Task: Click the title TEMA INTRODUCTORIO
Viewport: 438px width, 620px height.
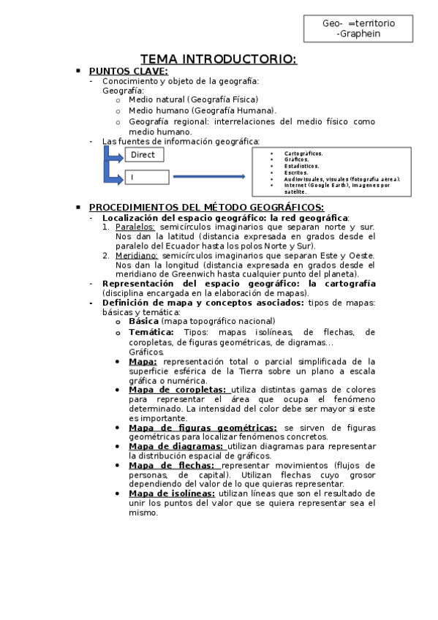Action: coord(218,58)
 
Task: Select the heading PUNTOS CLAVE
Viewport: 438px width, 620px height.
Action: coord(128,71)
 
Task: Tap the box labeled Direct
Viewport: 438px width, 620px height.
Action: coord(144,154)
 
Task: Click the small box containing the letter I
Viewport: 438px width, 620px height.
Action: coord(147,177)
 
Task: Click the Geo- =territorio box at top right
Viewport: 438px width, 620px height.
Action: coord(358,29)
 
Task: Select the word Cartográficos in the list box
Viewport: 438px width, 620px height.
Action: coord(303,154)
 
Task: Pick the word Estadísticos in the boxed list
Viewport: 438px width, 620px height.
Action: coord(302,166)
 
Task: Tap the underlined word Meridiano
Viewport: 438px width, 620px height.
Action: coord(136,256)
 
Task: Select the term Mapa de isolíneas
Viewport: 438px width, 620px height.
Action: coord(172,494)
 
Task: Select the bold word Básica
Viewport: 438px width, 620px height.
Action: coord(143,321)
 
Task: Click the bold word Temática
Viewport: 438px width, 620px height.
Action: coord(151,332)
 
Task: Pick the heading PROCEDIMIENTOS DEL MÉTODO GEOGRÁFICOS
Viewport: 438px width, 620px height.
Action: coord(206,208)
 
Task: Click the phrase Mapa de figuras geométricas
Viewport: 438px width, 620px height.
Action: coord(192,428)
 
